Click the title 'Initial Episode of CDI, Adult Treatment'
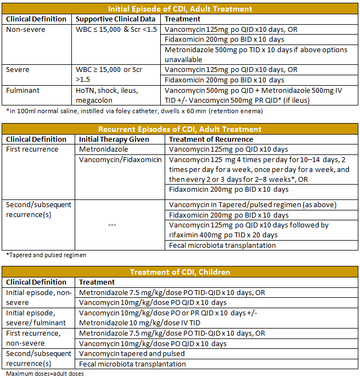pyautogui.click(x=180, y=9)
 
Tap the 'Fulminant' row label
pyautogui.click(x=21, y=90)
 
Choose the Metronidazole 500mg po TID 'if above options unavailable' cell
pyautogui.click(x=256, y=54)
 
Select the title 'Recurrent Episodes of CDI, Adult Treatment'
pyautogui.click(x=180, y=129)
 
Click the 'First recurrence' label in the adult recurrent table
pyautogui.click(x=32, y=149)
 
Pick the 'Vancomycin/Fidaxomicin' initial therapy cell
pyautogui.click(x=121, y=159)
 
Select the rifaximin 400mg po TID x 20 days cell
pyautogui.click(x=249, y=230)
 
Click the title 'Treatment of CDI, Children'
pyautogui.click(x=180, y=272)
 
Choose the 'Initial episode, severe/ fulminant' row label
pyautogui.click(x=36, y=318)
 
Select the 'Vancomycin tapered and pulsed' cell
pyautogui.click(x=132, y=353)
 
